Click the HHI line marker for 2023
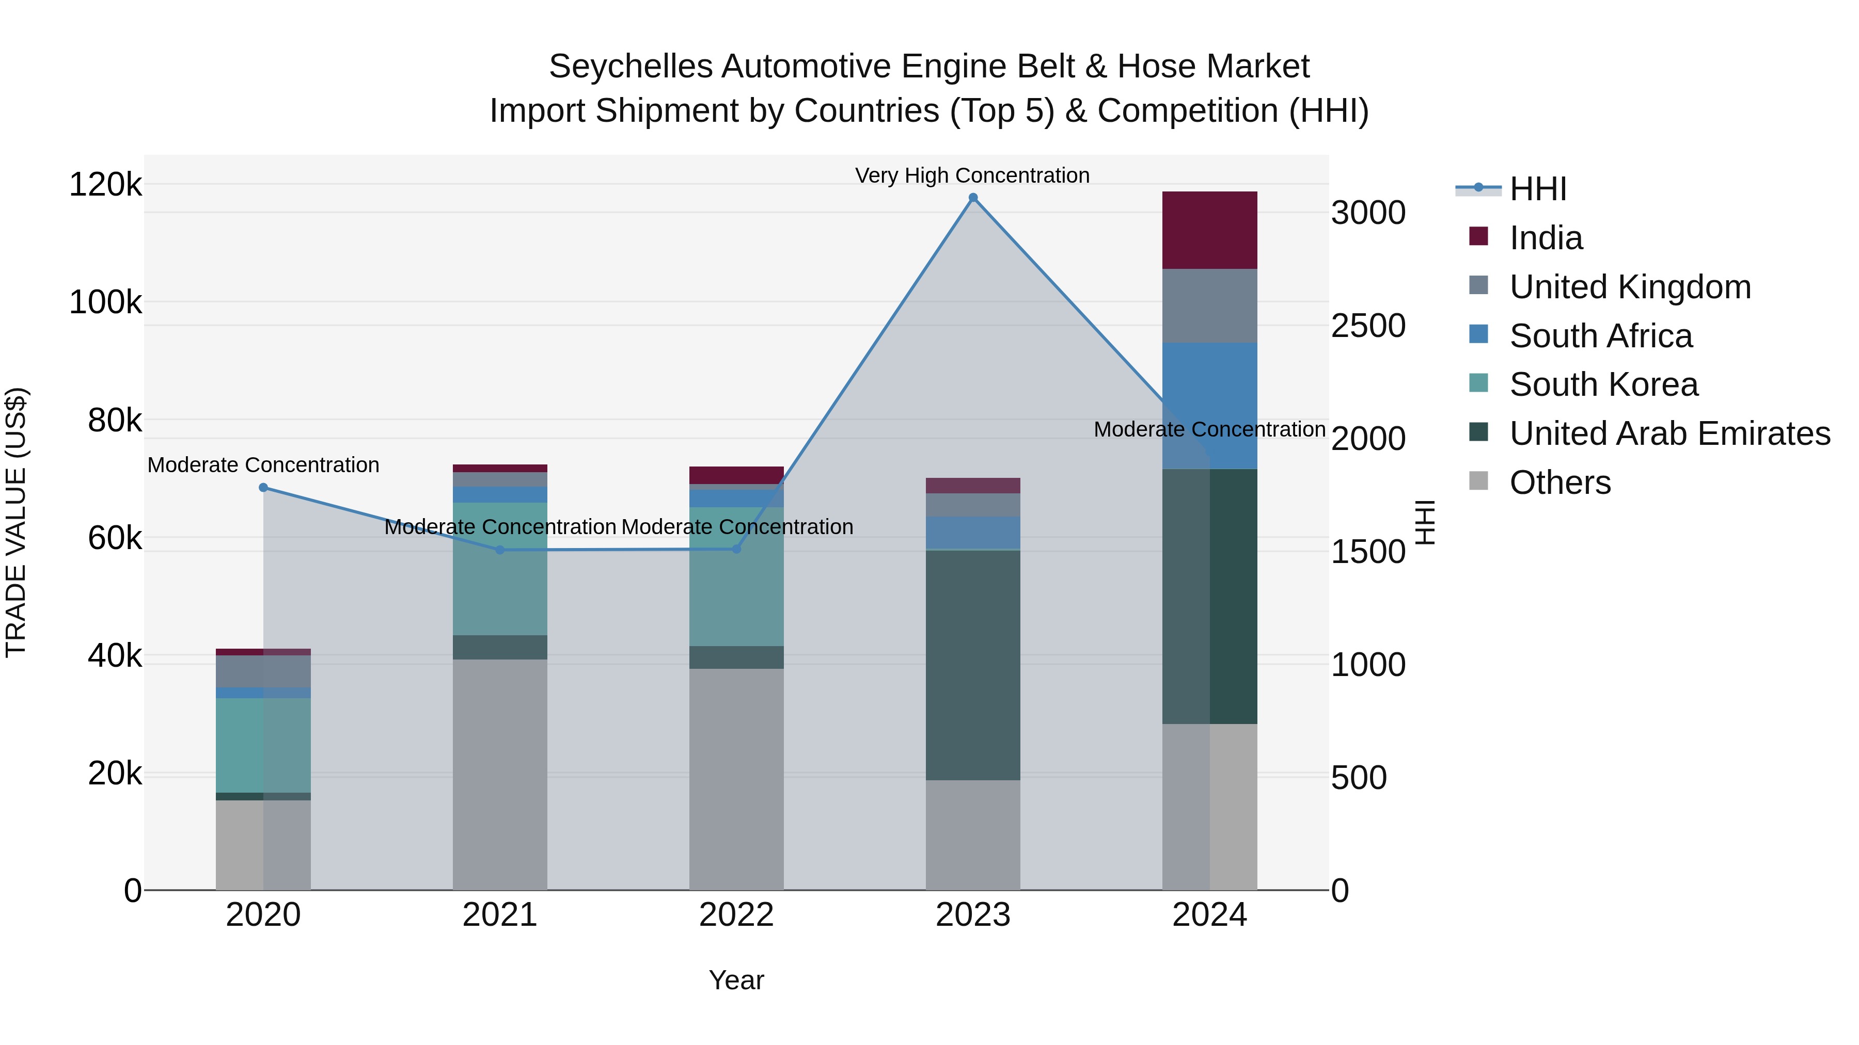click(973, 198)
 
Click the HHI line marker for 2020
click(263, 488)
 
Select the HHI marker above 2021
click(500, 550)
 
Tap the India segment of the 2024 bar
click(1209, 230)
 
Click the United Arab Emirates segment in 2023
click(973, 664)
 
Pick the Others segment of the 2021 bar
click(500, 774)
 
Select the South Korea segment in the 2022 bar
click(736, 576)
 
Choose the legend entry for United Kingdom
click(1630, 286)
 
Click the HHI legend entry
click(1537, 189)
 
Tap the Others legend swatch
click(1478, 481)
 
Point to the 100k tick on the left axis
click(105, 302)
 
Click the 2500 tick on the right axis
click(1367, 325)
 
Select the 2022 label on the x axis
click(736, 915)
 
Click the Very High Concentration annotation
click(972, 175)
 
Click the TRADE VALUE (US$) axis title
click(16, 522)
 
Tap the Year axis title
click(736, 980)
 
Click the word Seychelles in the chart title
click(630, 67)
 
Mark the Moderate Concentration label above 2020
click(263, 465)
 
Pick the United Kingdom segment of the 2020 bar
click(263, 671)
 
